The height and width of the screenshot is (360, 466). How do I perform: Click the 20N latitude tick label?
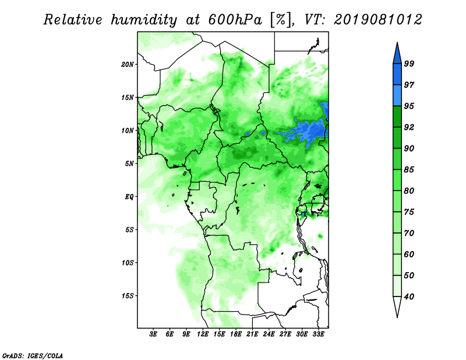click(128, 64)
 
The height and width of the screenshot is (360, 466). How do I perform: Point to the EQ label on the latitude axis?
click(129, 197)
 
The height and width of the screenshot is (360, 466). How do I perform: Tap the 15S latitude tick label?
click(128, 296)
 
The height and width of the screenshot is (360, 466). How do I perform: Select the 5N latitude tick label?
click(129, 164)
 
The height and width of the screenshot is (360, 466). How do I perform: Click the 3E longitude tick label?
click(153, 334)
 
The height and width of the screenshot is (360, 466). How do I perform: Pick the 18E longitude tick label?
click(236, 334)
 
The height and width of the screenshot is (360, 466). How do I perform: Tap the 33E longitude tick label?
click(318, 334)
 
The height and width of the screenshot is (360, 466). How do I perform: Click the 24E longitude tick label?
click(269, 334)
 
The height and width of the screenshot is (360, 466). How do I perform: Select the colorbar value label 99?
click(409, 63)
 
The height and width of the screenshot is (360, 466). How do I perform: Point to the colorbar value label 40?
click(409, 297)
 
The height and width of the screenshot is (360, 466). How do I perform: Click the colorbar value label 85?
click(409, 170)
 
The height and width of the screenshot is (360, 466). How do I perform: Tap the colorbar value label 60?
click(409, 254)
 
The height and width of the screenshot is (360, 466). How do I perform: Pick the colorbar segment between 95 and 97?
click(397, 96)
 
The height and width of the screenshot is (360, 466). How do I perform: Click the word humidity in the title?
click(144, 20)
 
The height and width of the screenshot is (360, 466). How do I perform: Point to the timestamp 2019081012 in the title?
click(377, 20)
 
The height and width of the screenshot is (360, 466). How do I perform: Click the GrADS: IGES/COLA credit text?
click(33, 356)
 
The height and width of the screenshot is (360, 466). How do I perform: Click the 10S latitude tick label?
click(128, 263)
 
